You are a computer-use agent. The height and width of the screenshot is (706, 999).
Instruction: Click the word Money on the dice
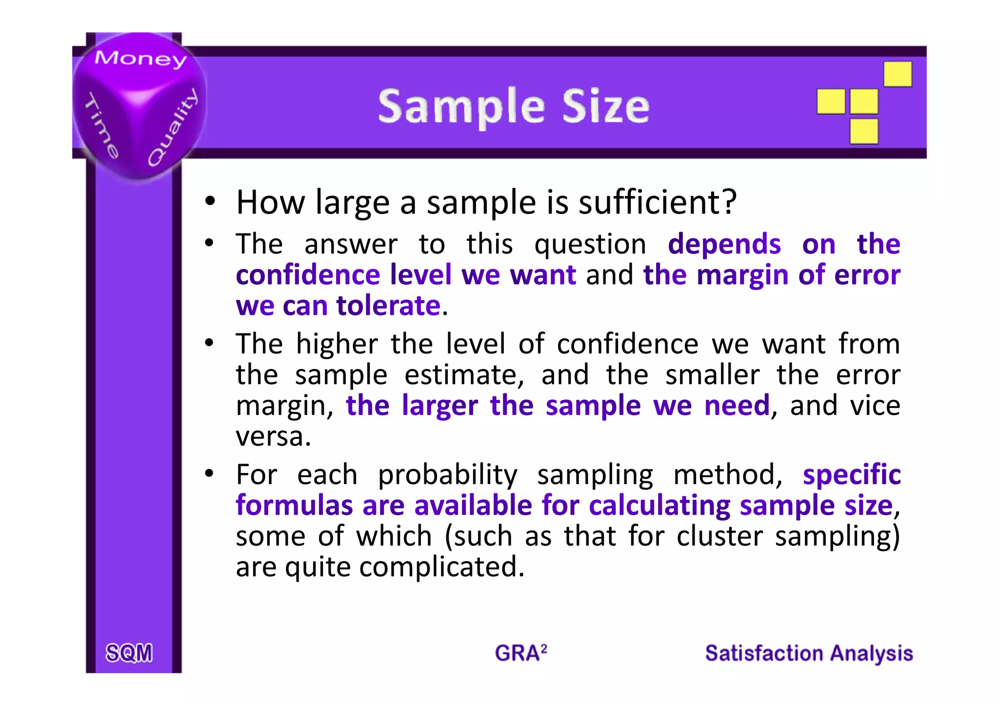(x=140, y=59)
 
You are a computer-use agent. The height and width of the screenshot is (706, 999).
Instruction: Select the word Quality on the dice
(x=173, y=128)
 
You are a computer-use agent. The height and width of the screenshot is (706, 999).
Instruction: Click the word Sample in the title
(x=461, y=107)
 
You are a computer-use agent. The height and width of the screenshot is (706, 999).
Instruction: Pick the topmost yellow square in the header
(x=898, y=74)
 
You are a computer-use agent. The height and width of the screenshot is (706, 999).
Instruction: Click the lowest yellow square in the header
(x=864, y=131)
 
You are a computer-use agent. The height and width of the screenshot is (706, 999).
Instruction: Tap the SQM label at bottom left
(x=129, y=653)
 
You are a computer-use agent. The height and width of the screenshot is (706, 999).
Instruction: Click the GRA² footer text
(x=520, y=653)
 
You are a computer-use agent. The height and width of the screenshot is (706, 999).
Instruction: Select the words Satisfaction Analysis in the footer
(x=809, y=653)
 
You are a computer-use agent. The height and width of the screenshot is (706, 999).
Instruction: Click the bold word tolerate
(x=388, y=306)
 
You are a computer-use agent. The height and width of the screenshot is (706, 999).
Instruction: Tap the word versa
(x=273, y=436)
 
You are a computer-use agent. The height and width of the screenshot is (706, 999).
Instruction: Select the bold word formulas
(x=294, y=505)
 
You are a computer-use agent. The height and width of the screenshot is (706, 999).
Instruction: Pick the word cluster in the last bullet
(x=719, y=536)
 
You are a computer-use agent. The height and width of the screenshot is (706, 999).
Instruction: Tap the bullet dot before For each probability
(x=210, y=473)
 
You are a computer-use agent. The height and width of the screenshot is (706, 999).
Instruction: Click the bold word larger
(x=440, y=406)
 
